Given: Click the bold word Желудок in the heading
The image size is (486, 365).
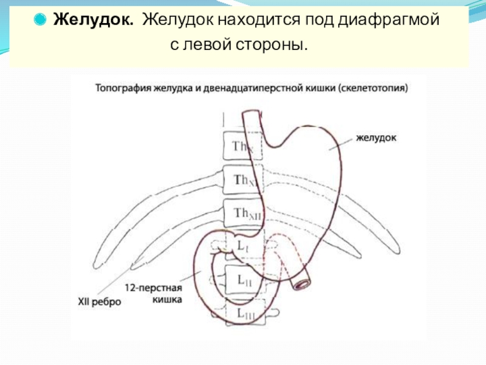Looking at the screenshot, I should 93,20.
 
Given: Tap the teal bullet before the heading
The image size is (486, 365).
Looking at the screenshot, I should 40,20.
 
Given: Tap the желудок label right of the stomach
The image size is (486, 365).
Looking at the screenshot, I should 376,138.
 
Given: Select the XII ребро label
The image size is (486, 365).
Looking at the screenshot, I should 100,301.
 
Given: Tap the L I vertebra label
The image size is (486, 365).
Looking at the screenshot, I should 241,247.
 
